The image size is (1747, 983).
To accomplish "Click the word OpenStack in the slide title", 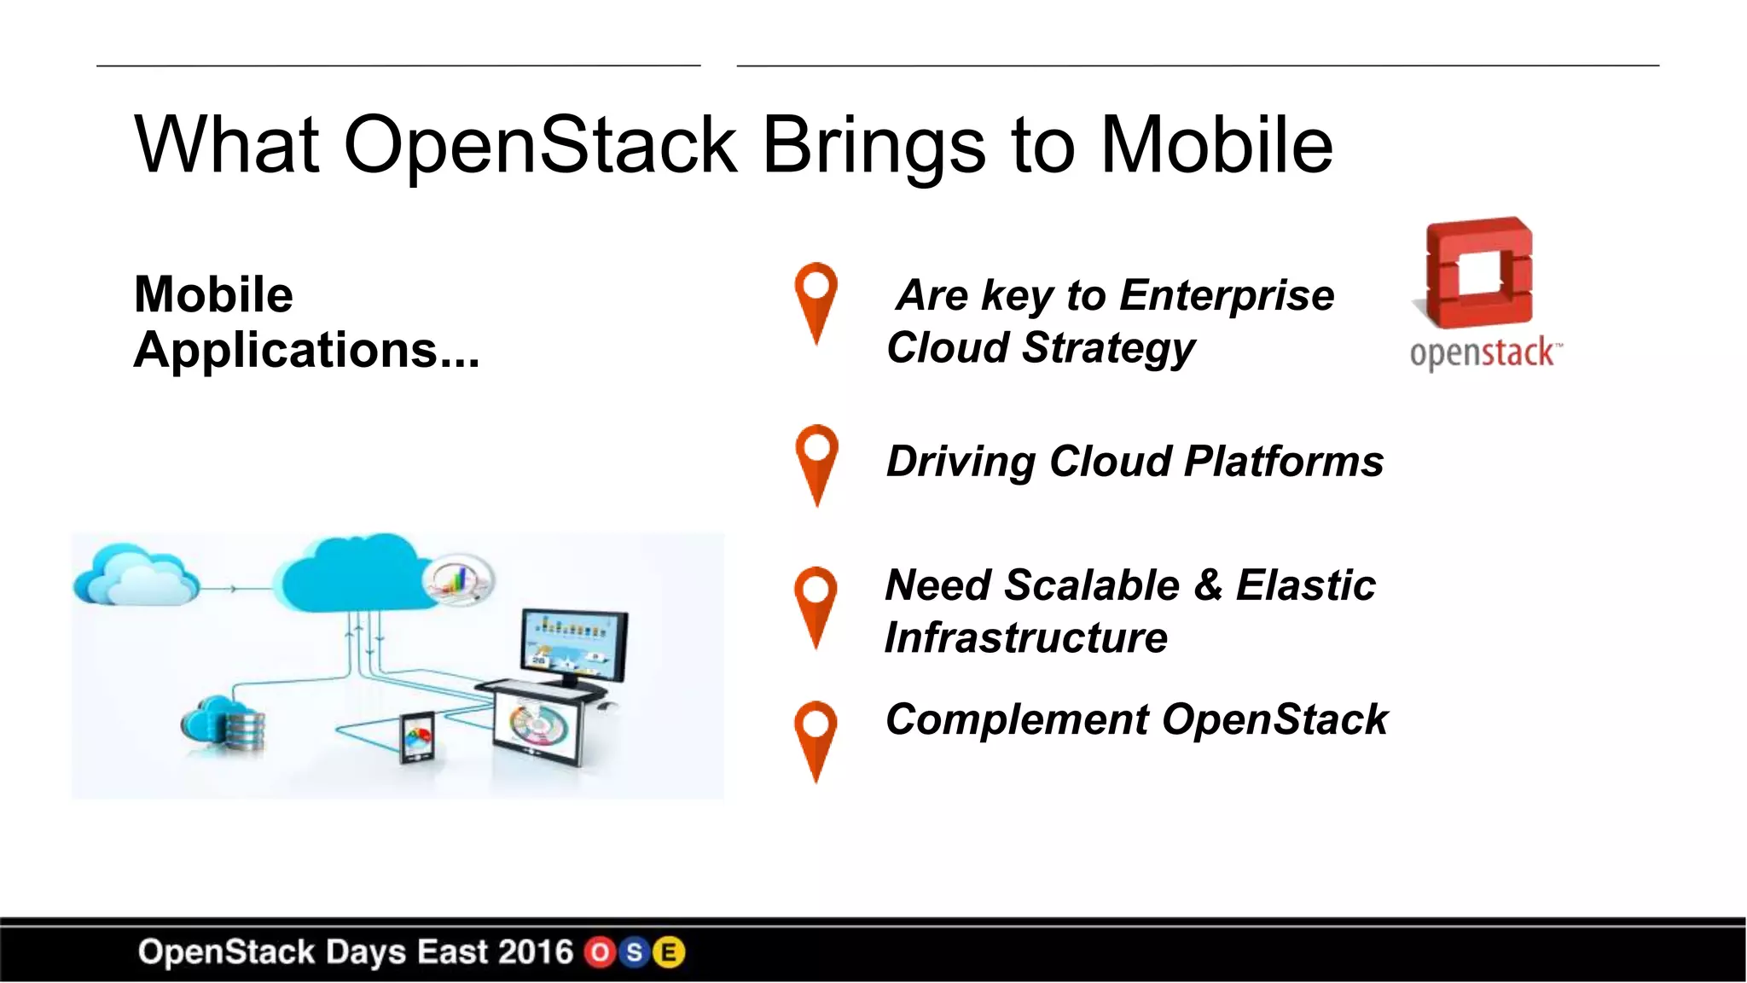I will coord(540,145).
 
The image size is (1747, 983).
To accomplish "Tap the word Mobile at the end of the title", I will coord(1216,145).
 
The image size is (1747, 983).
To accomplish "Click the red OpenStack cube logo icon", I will coord(1478,273).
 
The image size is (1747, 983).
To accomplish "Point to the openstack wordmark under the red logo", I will coord(1484,352).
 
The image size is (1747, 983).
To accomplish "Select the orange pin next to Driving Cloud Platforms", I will coord(816,461).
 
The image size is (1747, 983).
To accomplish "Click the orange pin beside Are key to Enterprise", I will coord(815,299).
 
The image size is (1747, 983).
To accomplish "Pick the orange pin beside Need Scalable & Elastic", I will coord(815,603).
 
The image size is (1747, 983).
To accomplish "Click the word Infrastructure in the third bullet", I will coord(1026,638).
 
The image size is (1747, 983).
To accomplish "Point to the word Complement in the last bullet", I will coord(1017,719).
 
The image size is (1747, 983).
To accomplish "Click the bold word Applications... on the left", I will coord(306,350).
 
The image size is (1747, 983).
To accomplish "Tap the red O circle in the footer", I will coord(600,952).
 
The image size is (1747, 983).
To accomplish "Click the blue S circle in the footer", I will coord(634,952).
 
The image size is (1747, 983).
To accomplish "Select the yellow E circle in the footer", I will coord(669,952).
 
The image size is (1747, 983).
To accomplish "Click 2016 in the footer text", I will coord(535,952).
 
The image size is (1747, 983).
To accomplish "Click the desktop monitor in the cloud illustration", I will coord(574,644).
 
